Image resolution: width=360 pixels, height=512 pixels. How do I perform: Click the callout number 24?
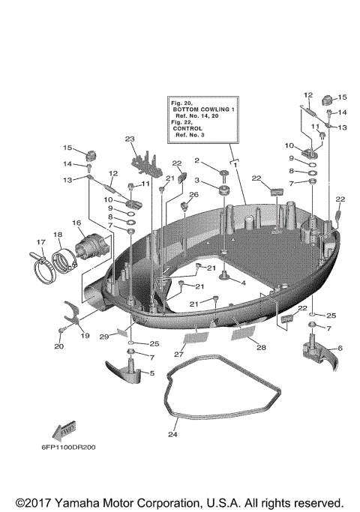[173, 433]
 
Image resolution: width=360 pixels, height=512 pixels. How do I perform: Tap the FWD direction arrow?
[62, 430]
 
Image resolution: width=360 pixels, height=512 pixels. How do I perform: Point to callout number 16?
[76, 223]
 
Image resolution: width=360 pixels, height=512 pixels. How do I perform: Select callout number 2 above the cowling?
[197, 160]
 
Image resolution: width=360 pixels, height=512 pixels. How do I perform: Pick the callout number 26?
[193, 195]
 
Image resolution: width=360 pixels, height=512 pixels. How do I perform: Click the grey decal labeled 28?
[244, 332]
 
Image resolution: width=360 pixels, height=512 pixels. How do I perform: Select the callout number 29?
[103, 338]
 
